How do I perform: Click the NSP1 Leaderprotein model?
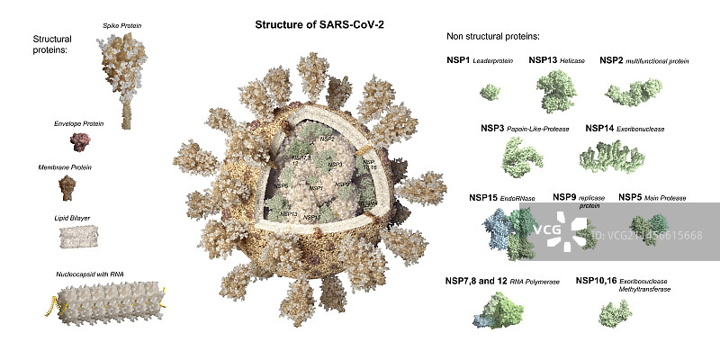click(490, 91)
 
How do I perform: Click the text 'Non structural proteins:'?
click(492, 36)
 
